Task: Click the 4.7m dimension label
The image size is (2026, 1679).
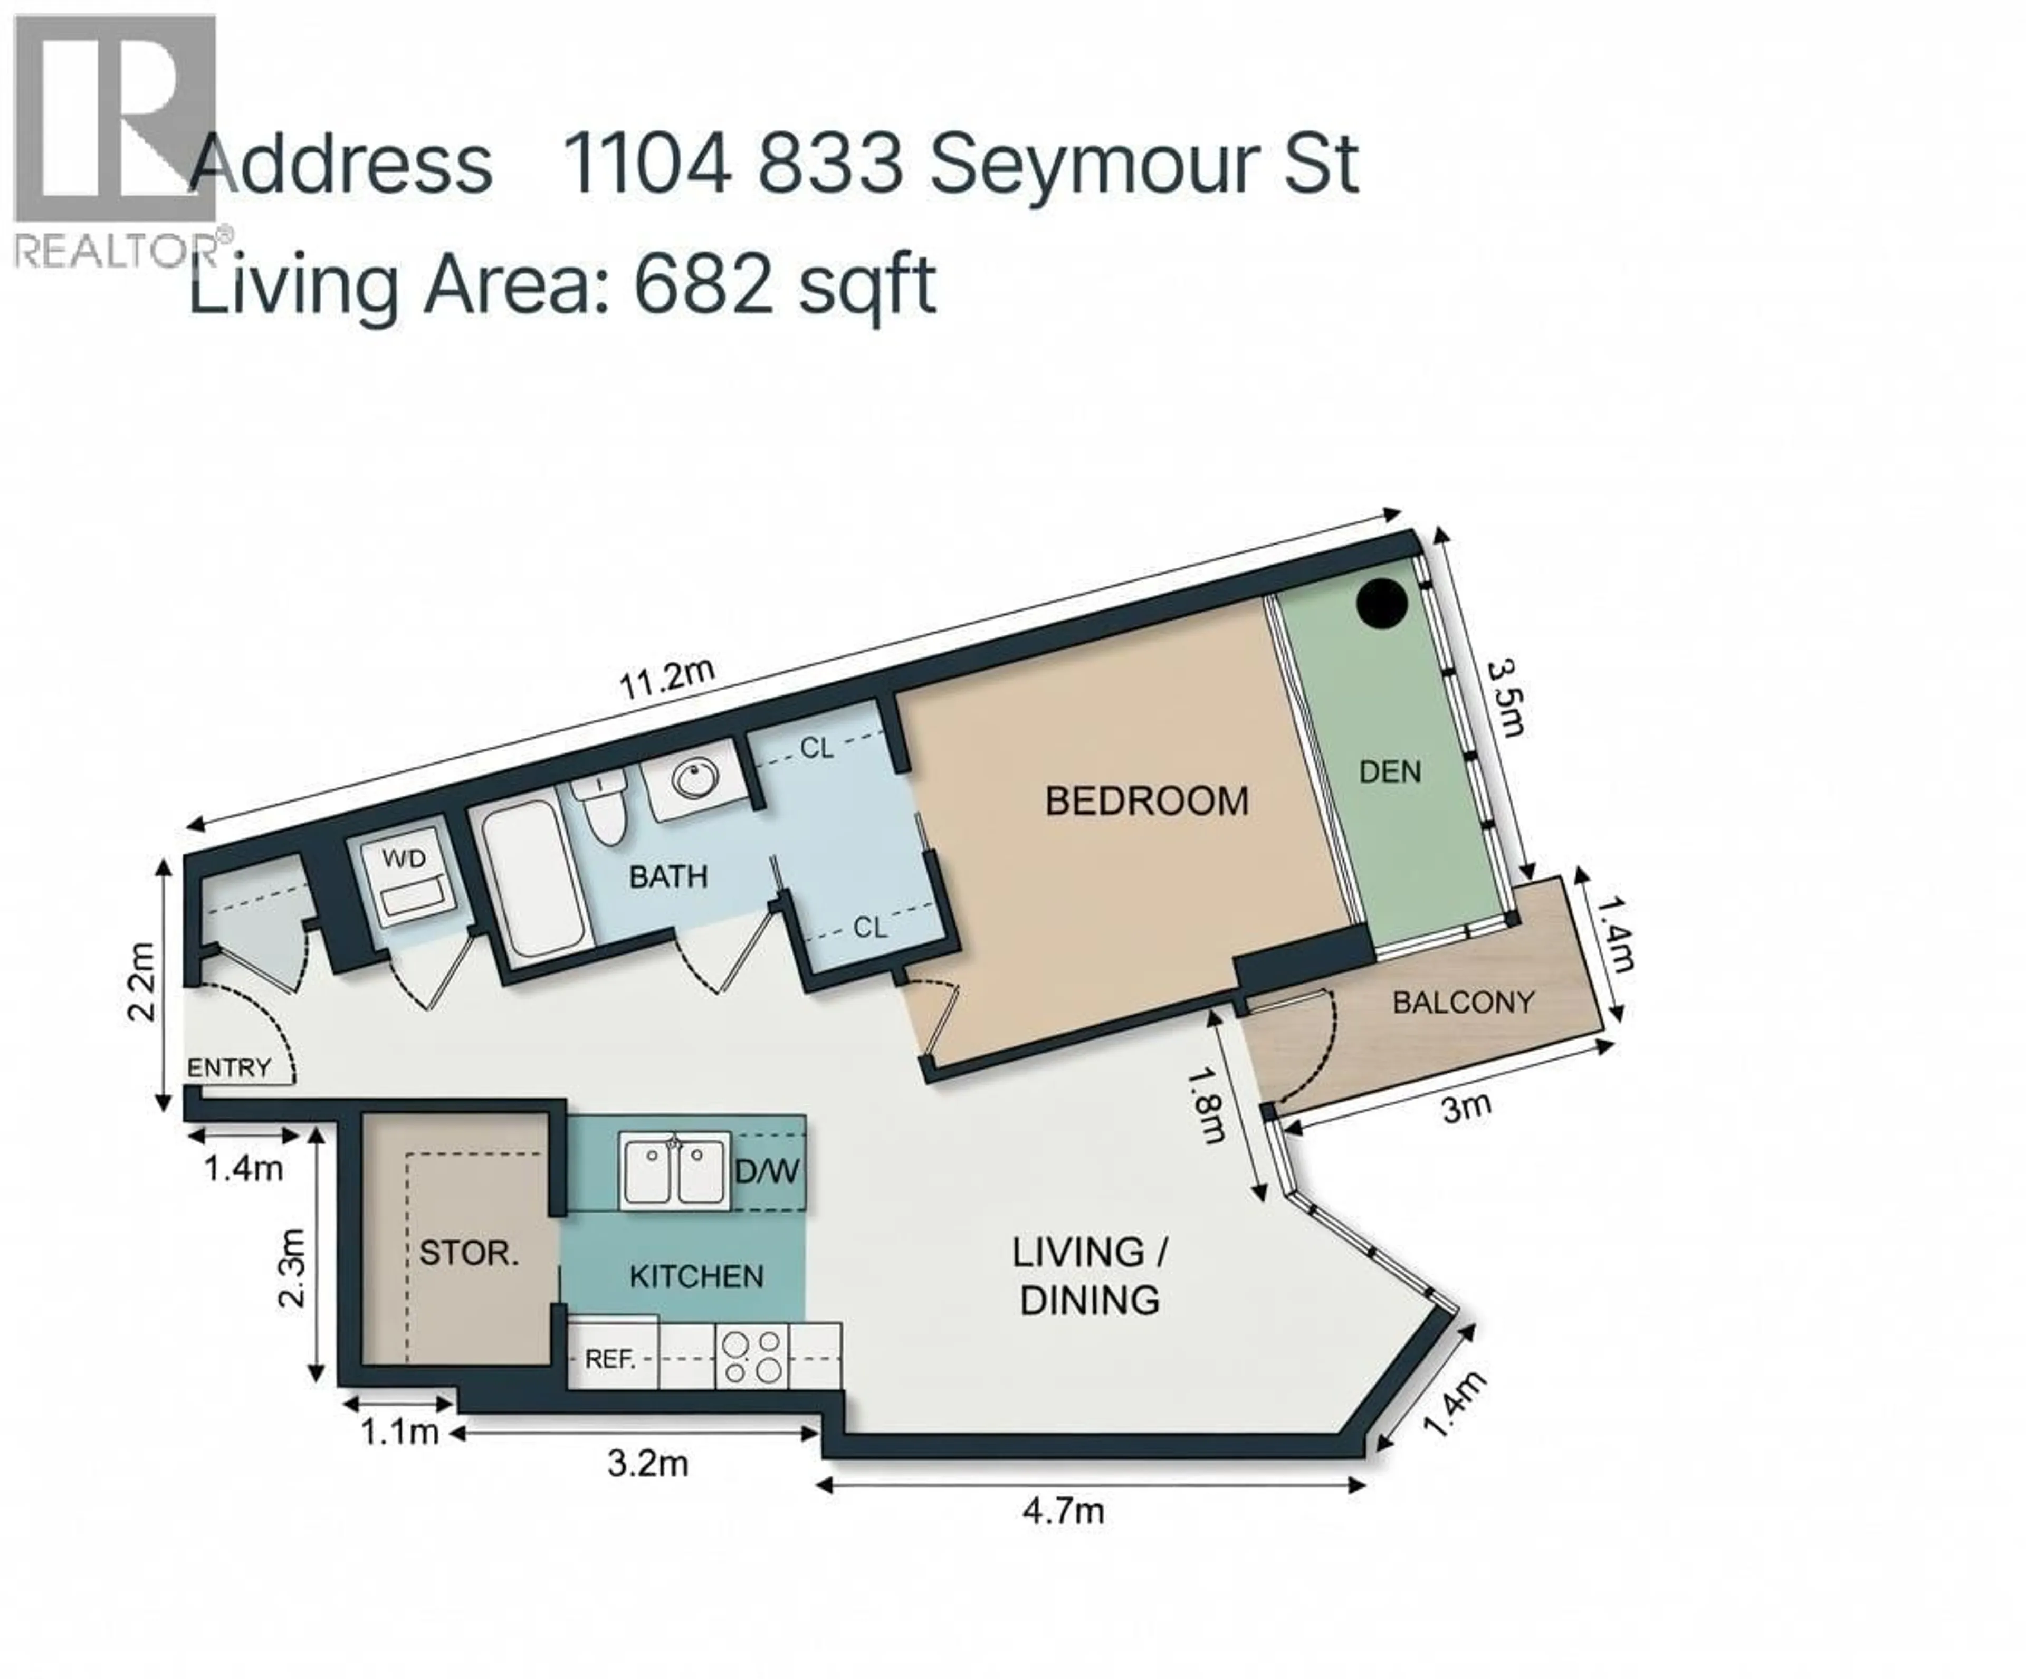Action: point(1063,1510)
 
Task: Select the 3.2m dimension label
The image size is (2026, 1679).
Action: point(647,1464)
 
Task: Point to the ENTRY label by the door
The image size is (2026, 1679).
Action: point(228,1067)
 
